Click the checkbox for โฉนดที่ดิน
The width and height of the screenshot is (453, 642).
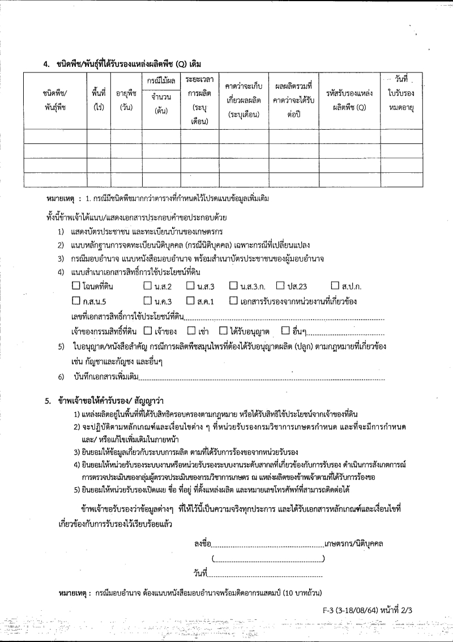76,286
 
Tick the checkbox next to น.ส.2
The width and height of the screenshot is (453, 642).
147,286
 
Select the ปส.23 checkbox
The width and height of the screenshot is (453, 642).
280,286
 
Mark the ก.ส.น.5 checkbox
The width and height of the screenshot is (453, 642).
76,300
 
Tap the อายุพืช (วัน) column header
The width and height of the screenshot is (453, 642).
126,100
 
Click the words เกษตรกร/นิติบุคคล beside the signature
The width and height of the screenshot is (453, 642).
354,545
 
